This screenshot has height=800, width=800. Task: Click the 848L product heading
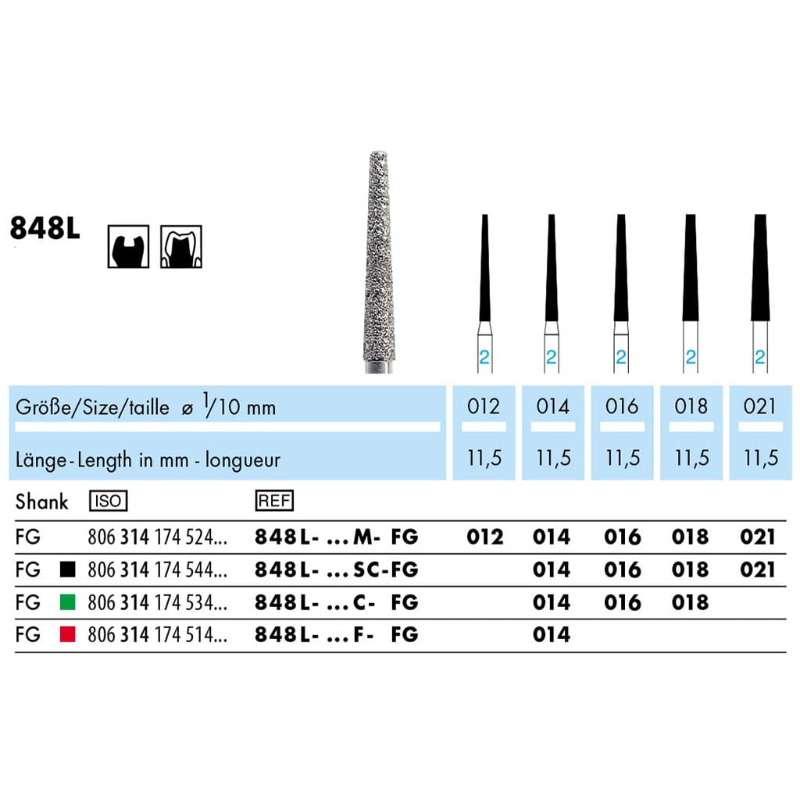[x=45, y=227]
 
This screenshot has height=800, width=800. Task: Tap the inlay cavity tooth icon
[x=129, y=246]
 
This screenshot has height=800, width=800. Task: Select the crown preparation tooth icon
[x=181, y=246]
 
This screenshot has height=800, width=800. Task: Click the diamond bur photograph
[x=379, y=262]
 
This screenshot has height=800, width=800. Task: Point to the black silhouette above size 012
[x=484, y=267]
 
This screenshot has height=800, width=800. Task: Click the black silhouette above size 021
[x=760, y=267]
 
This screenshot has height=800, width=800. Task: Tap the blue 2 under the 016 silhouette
[x=621, y=356]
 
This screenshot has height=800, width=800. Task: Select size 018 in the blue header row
[x=691, y=406]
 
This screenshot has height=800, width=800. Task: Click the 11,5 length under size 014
[x=553, y=458]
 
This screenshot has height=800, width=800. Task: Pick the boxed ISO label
[x=108, y=501]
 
